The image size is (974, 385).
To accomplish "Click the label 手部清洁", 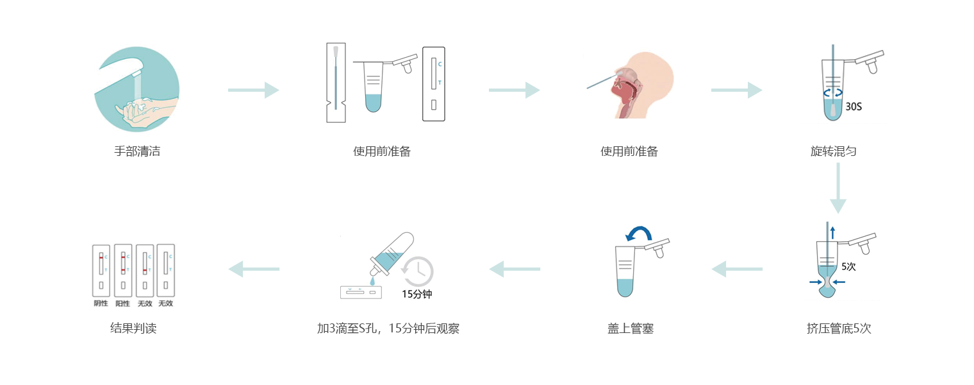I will tap(137, 152).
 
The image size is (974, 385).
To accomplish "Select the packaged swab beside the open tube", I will tap(335, 82).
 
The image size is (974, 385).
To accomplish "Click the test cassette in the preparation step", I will tap(433, 83).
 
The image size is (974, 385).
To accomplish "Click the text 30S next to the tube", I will tap(854, 107).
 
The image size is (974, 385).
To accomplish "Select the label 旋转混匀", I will tap(833, 152).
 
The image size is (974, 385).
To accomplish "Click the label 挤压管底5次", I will tap(839, 329).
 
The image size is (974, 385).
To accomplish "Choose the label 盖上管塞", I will tap(631, 329).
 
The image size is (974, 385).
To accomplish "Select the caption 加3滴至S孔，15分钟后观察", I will tap(388, 329).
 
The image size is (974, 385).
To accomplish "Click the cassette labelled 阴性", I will tap(101, 269).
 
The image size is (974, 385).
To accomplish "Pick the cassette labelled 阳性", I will tap(122, 269).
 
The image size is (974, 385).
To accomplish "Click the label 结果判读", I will tap(133, 329).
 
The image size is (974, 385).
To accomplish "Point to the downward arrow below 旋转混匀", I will tap(838, 188).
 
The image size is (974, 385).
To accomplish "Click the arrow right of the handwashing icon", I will tap(253, 90).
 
